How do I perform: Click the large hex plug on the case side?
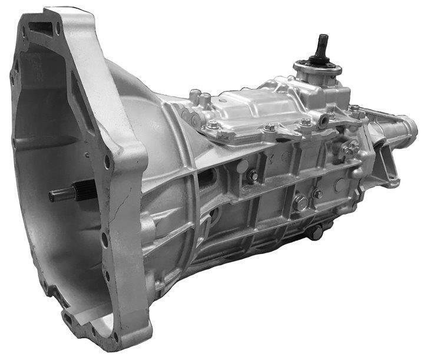tap(300, 203)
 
